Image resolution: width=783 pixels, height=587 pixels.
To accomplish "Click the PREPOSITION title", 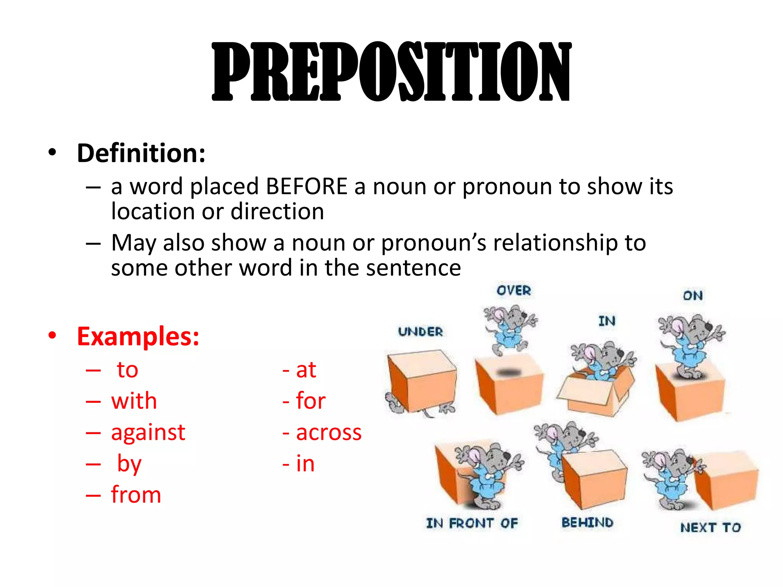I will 391,71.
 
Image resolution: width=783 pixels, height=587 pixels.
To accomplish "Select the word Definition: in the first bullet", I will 141,153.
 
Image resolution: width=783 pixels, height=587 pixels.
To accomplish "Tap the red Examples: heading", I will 138,336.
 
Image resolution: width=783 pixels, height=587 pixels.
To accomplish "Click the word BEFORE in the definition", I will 307,186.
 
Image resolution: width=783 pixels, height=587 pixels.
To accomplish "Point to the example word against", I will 148,433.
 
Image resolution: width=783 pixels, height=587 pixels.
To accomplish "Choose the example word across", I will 329,433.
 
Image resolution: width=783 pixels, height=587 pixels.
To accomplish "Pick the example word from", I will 136,495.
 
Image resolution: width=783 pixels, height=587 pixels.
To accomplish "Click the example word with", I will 134,401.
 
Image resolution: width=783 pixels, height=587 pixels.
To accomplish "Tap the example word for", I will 311,401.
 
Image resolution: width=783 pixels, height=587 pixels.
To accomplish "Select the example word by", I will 129,464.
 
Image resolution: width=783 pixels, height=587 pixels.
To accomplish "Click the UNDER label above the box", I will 420,332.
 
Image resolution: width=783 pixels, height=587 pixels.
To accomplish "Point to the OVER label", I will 513,290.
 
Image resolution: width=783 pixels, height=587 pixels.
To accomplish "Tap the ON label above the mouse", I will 692,295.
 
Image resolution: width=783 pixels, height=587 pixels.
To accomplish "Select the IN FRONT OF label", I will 472,523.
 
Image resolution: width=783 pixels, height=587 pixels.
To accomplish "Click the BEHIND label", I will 587,522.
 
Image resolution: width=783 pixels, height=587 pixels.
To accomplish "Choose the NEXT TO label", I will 710,528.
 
